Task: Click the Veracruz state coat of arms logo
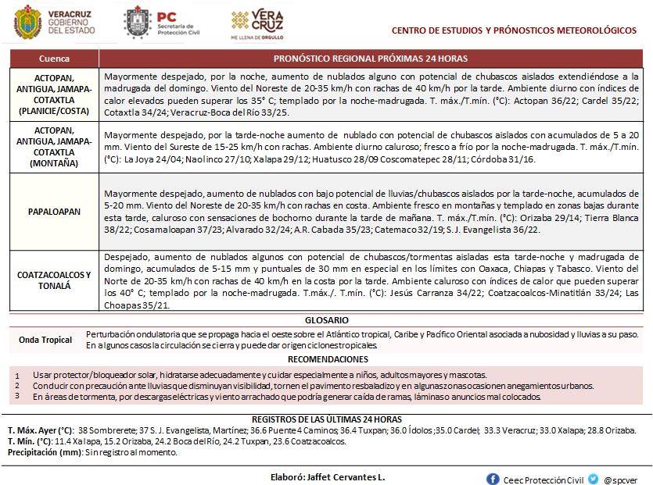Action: click(28, 22)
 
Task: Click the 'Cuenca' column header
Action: click(54, 59)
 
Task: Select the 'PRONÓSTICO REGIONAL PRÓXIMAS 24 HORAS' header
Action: click(371, 59)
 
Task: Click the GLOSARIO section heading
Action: click(327, 320)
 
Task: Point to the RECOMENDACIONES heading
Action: click(327, 359)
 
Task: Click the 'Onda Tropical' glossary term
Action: click(45, 340)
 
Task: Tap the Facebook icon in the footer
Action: click(493, 479)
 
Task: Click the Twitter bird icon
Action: click(594, 479)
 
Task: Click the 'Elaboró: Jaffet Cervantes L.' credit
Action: click(328, 476)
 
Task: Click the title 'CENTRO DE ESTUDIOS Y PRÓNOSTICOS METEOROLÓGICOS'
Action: click(514, 30)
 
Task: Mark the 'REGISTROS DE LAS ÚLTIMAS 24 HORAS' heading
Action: click(327, 419)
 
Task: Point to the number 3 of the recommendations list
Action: click(17, 396)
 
